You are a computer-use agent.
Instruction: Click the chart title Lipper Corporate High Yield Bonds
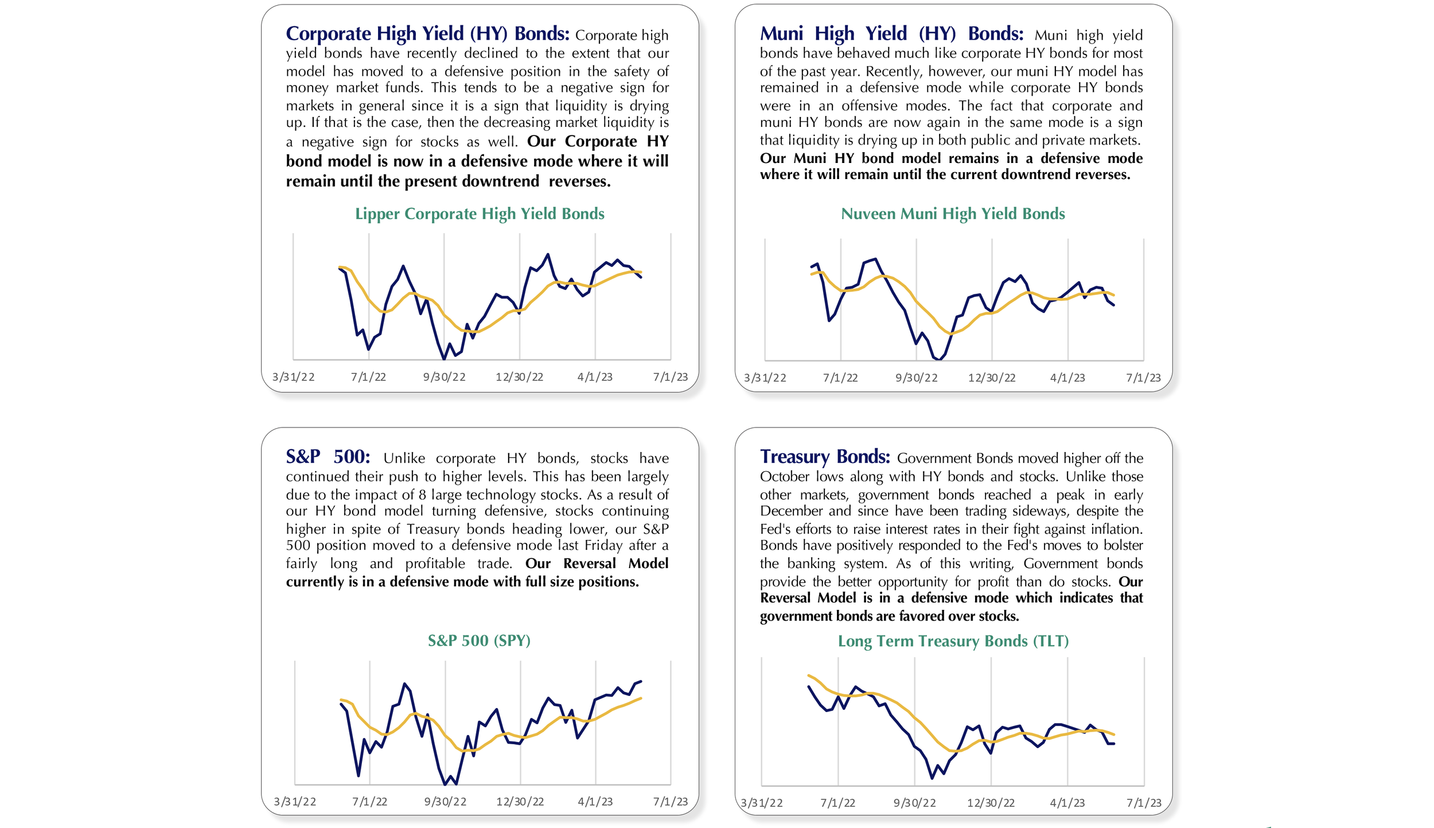click(480, 213)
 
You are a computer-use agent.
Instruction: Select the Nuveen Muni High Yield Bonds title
click(953, 213)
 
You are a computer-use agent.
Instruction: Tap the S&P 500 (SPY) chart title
click(479, 640)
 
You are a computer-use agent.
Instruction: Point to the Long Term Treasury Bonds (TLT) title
click(953, 641)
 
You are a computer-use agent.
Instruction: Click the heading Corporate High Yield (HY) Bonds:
click(427, 34)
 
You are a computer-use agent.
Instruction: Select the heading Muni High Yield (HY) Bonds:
click(891, 34)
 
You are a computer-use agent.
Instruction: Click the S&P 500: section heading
click(328, 457)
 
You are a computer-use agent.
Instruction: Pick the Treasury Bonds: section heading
click(825, 457)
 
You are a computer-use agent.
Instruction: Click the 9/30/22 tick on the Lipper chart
click(445, 377)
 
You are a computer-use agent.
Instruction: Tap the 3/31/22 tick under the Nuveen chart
click(765, 378)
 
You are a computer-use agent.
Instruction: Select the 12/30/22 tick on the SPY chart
click(520, 802)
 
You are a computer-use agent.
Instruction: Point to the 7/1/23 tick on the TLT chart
click(1144, 803)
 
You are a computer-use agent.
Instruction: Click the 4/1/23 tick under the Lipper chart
click(595, 377)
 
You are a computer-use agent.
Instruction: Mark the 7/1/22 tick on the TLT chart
click(837, 803)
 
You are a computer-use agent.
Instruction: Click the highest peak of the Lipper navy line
click(548, 254)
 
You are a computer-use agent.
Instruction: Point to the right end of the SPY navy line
click(641, 682)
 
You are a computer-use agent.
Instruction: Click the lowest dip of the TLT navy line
click(932, 778)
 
